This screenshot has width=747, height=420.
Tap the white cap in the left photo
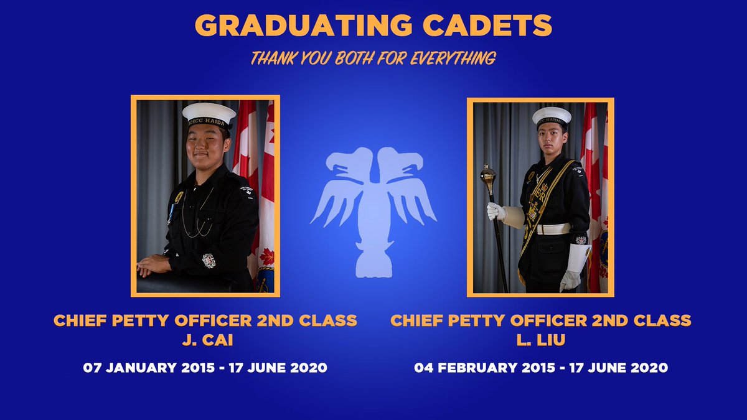point(209,114)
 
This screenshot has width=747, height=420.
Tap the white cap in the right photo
point(552,116)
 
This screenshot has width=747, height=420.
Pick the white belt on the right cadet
point(553,229)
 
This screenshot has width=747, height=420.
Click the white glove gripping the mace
point(496,211)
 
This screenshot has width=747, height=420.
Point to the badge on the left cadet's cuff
point(209,260)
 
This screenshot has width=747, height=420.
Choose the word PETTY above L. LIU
point(489,320)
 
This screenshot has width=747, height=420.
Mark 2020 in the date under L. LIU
point(648,368)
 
